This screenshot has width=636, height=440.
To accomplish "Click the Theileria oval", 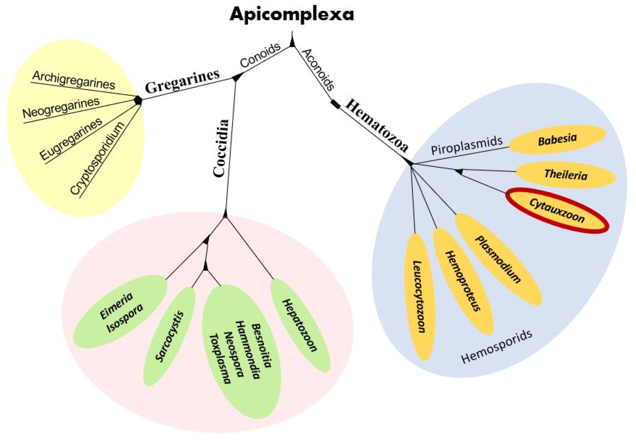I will click(x=566, y=175).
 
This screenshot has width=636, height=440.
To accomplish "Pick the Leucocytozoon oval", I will click(x=419, y=296).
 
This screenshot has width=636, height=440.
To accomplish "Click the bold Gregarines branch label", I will click(x=182, y=81).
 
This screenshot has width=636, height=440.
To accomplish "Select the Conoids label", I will click(x=260, y=55).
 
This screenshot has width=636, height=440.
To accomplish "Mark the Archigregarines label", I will click(x=74, y=80).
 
